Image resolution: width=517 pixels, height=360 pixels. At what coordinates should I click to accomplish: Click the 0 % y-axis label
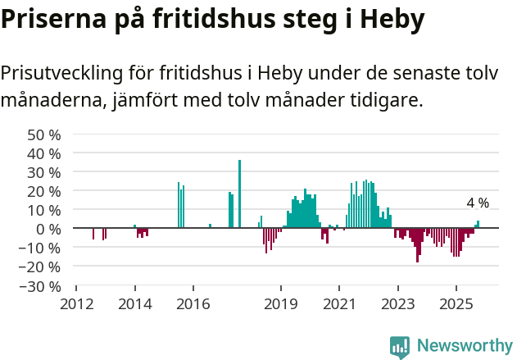coord(48,229)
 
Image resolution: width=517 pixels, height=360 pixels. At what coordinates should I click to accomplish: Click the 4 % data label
coord(478,203)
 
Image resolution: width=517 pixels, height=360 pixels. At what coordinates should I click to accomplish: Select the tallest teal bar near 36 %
coord(239,194)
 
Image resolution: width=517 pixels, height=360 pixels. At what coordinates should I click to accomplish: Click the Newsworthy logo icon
coord(400,347)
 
